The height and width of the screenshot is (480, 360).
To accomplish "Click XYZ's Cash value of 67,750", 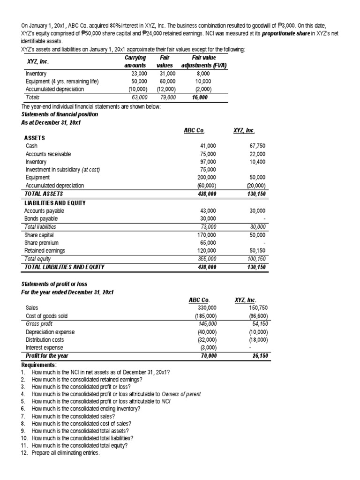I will click(257, 146).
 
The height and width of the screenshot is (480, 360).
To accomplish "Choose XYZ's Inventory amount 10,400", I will click(257, 162).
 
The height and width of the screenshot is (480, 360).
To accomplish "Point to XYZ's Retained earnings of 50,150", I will click(257, 251).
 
